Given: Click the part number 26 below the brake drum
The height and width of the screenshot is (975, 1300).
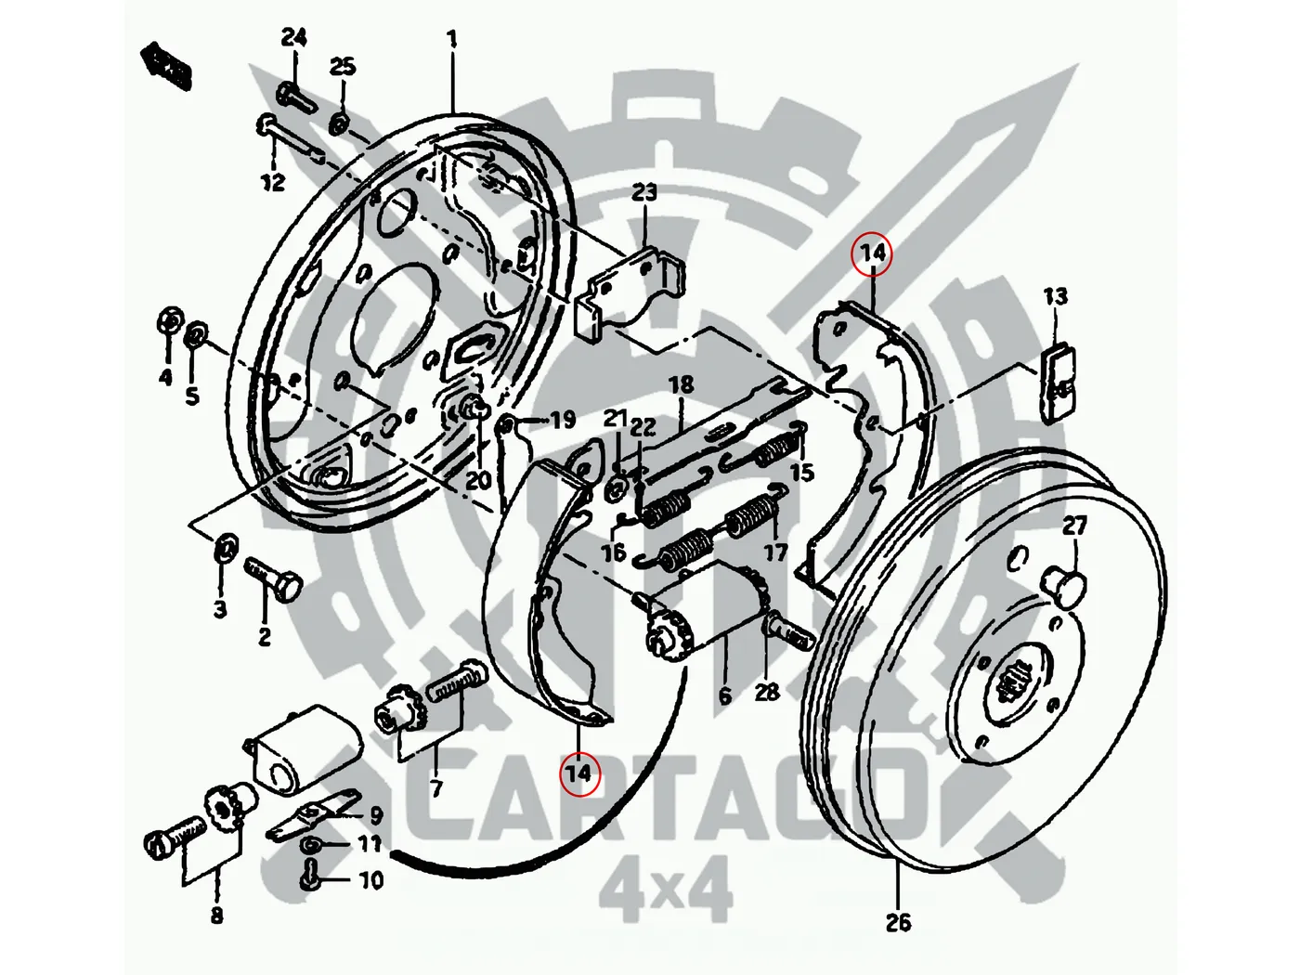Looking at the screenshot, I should point(898,922).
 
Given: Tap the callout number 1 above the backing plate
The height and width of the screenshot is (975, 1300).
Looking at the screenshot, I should point(452,40).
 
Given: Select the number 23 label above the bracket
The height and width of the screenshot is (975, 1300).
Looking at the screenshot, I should point(644,192).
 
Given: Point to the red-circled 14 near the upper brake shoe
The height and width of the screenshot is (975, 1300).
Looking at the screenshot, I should point(873,253).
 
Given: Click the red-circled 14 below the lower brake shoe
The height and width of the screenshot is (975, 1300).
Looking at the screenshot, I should point(579,773).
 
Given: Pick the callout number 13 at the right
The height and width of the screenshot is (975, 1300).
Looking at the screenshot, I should point(1055,297).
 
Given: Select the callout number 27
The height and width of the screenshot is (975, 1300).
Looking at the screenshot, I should point(1074,526).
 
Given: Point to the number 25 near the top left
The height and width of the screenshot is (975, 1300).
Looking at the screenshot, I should point(343,67).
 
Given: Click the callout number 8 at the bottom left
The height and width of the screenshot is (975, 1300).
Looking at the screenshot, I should point(216,916).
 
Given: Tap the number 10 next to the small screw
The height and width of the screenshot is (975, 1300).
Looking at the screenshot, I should point(370,878).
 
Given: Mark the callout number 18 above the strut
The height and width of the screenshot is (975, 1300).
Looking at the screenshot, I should point(681,383).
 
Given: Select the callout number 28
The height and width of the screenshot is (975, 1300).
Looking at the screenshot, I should point(767,692).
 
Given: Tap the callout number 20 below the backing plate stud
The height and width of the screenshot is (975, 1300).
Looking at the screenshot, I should point(478,480).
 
